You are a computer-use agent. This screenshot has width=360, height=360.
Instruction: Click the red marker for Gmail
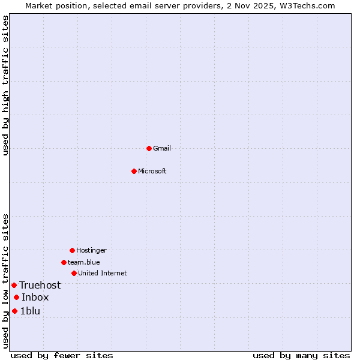click(x=149, y=148)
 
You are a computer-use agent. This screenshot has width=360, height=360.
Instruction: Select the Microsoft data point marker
click(x=134, y=171)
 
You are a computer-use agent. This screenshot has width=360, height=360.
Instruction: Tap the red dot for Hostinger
click(x=72, y=250)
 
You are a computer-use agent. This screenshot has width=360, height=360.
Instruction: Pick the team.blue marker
click(x=64, y=262)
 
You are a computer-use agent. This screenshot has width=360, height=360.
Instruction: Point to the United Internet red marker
click(x=74, y=273)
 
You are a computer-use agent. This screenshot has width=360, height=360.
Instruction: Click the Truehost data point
click(x=14, y=285)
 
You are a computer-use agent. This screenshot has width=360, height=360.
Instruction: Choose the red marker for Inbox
click(x=16, y=297)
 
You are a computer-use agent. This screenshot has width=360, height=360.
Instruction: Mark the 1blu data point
click(x=14, y=311)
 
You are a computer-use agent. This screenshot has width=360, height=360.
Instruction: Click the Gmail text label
click(x=162, y=148)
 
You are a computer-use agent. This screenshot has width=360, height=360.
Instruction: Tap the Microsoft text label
click(x=152, y=171)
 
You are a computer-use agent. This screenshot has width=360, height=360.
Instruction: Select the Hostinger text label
click(x=91, y=250)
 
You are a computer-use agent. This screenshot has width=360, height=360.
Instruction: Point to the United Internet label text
click(x=103, y=273)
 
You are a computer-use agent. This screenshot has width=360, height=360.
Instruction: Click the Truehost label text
click(x=40, y=285)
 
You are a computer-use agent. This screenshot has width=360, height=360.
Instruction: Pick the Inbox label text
click(x=35, y=297)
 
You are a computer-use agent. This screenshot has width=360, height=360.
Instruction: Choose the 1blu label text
click(x=30, y=311)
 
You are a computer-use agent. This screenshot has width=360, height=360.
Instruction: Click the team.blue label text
click(x=84, y=262)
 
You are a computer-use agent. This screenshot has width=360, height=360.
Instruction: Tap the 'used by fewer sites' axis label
click(x=62, y=355)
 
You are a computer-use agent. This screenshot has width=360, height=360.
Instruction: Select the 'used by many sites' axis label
click(x=301, y=355)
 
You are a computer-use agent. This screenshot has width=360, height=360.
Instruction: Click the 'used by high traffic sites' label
click(x=5, y=85)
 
